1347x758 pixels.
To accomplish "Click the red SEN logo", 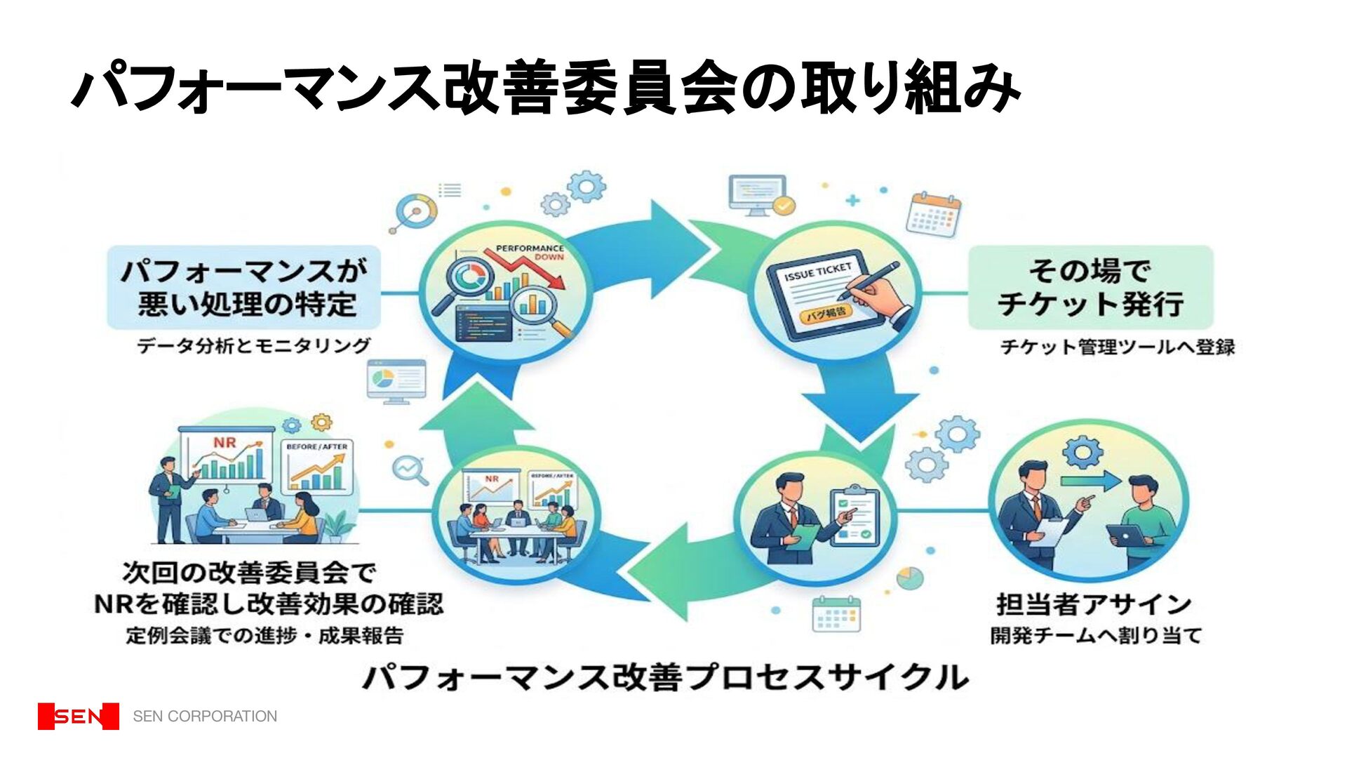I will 78,716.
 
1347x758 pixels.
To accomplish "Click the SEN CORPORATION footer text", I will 205,716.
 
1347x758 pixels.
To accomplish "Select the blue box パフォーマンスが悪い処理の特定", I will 243,287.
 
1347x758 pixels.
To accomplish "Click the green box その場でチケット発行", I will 1090,287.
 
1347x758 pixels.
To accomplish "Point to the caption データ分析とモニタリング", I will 253,345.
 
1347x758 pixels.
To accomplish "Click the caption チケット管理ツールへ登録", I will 1117,347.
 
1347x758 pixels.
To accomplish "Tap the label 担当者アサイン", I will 1093,604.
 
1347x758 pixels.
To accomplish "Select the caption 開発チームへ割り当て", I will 1096,636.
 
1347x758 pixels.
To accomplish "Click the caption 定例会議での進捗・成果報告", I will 265,636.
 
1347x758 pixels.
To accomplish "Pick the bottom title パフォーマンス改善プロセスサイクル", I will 665,677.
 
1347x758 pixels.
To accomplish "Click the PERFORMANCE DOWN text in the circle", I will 530,252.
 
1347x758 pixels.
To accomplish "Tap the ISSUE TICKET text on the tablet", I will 818,272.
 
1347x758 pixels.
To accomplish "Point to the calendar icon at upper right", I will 934,214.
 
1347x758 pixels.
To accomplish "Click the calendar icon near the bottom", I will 836,614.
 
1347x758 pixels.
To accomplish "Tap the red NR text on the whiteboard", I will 224,443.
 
